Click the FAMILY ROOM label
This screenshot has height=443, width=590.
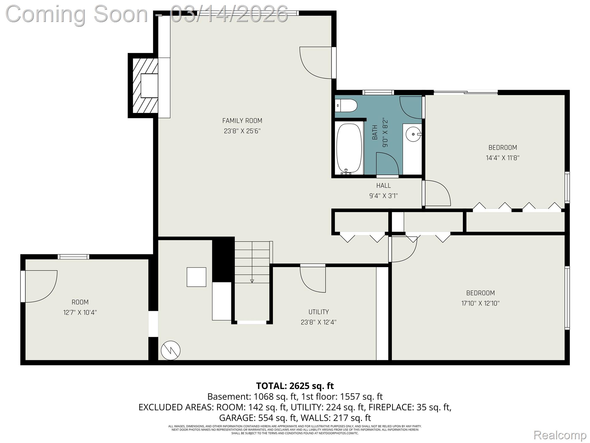click(x=242, y=121)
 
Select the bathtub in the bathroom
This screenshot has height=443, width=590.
click(x=349, y=149)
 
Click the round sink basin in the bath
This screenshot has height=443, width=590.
click(x=413, y=134)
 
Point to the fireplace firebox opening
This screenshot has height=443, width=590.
click(x=149, y=86)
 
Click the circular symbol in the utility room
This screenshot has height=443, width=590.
click(x=171, y=350)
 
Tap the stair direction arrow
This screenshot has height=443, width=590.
click(x=252, y=280)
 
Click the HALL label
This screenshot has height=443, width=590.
click(x=383, y=185)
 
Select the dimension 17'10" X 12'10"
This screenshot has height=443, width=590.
click(x=480, y=303)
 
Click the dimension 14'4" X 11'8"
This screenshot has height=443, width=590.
click(x=502, y=158)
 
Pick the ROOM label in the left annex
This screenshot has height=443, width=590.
click(x=80, y=302)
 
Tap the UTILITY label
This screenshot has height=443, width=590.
click(x=318, y=312)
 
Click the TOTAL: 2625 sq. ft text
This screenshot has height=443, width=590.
click(x=295, y=386)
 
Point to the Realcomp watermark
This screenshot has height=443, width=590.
click(x=560, y=435)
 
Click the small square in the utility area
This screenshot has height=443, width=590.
click(x=196, y=277)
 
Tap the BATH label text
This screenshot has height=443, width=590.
click(x=375, y=132)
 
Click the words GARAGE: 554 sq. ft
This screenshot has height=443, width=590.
click(x=258, y=418)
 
